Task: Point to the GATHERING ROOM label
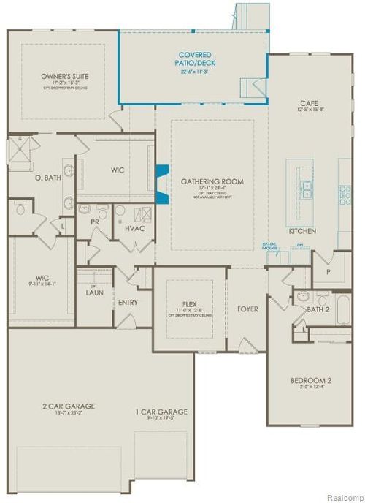(212, 181)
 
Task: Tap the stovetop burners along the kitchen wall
(344, 192)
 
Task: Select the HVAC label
(136, 229)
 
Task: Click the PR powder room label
(95, 221)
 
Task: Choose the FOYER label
(247, 309)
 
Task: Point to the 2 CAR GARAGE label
(68, 406)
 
